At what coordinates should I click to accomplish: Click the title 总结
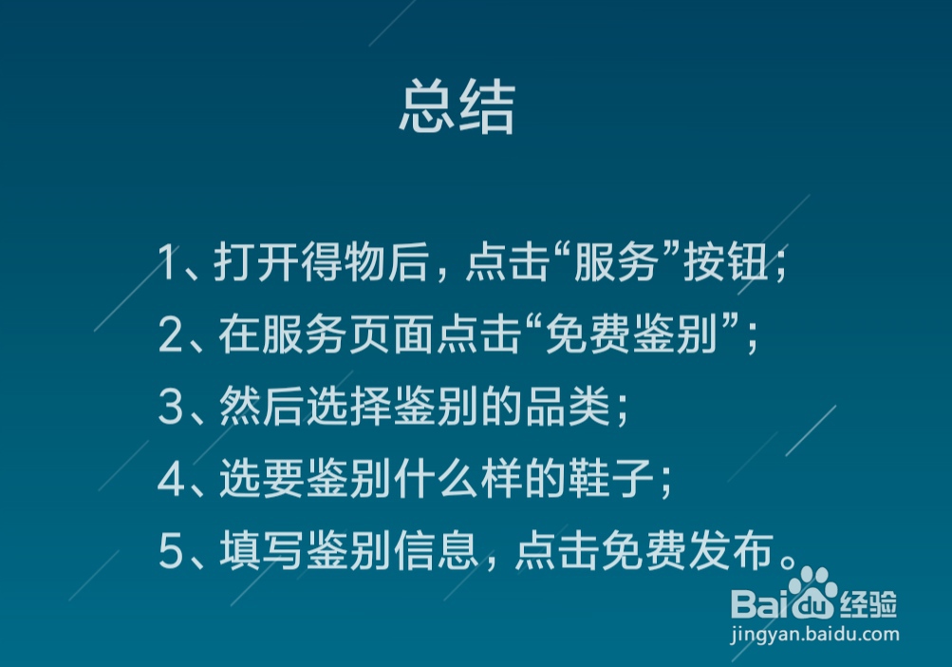point(457,107)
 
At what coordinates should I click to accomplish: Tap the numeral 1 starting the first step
point(168,263)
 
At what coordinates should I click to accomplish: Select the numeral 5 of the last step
point(170,553)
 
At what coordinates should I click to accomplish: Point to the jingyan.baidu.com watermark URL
point(814,633)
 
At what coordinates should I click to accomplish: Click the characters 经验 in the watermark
point(868,602)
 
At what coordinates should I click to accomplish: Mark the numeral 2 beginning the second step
point(170,335)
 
